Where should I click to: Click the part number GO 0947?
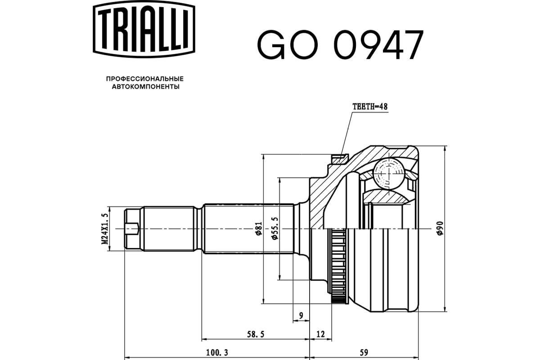point(340,45)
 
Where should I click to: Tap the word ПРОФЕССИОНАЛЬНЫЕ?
point(145,78)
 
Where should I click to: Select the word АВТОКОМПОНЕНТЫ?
point(145,86)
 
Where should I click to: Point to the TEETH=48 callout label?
point(369,107)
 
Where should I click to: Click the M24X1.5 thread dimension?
point(105,229)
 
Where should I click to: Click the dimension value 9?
point(301,315)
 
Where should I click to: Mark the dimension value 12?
point(320,334)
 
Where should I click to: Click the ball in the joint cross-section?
point(388,172)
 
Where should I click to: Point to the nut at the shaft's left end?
point(131,229)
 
